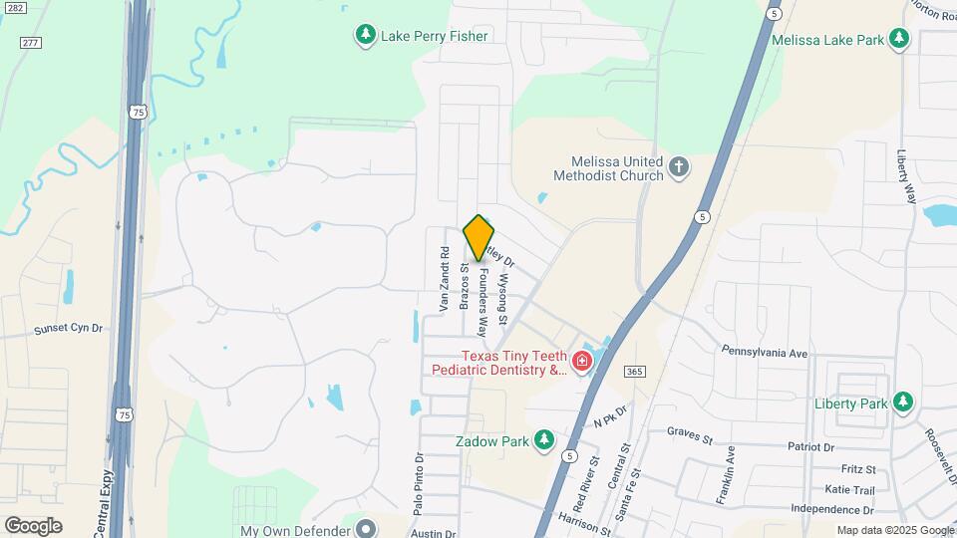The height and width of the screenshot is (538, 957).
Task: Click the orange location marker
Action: [x=478, y=237]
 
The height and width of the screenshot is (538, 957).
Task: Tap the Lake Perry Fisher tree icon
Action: [x=366, y=36]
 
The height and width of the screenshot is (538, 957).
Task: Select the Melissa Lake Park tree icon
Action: [x=900, y=40]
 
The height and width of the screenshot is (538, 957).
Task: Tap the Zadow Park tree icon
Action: [x=543, y=440]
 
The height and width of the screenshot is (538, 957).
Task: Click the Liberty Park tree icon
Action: [x=903, y=403]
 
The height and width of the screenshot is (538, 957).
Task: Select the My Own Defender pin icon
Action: [x=366, y=528]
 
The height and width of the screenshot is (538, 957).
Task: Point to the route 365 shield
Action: [x=633, y=371]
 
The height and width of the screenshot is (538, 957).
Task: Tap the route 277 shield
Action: [x=31, y=42]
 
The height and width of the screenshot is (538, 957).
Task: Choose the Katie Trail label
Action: [x=849, y=489]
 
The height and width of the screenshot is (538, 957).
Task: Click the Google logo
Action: [x=33, y=525]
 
